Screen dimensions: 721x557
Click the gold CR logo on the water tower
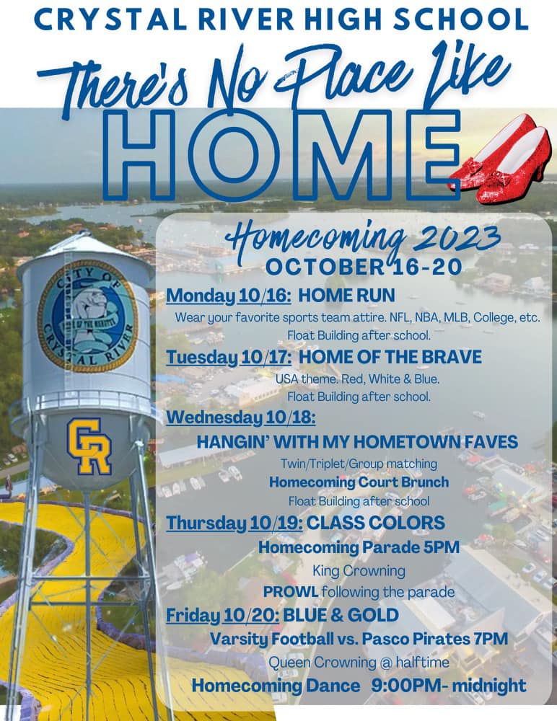(x=89, y=446)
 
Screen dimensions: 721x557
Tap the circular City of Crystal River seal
(x=88, y=316)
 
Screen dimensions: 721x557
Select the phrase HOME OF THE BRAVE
(x=390, y=357)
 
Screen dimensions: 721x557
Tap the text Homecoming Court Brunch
(x=359, y=482)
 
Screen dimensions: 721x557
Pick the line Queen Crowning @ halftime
(x=359, y=662)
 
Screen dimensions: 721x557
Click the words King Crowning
(x=359, y=570)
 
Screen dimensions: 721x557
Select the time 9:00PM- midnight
(x=448, y=685)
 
